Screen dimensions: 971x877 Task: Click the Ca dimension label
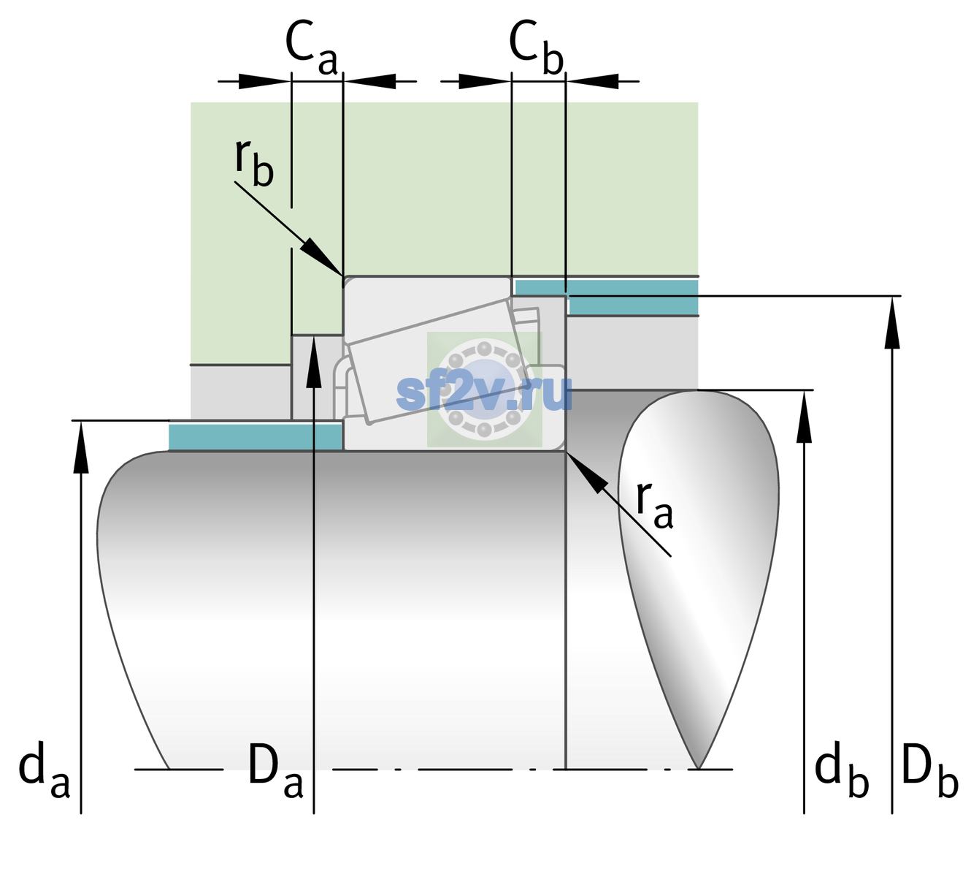pyautogui.click(x=312, y=48)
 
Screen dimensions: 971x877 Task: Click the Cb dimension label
pyautogui.click(x=537, y=48)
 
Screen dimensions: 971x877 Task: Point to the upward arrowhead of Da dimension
pyautogui.click(x=314, y=362)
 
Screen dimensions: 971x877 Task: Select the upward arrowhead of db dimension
pyautogui.click(x=804, y=417)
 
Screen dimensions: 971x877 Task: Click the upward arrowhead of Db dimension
pyautogui.click(x=892, y=322)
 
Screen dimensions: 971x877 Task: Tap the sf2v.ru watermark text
pyautogui.click(x=484, y=393)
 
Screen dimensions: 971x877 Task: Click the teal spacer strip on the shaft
pyautogui.click(x=255, y=437)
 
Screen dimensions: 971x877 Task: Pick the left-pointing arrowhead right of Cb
pyautogui.click(x=592, y=81)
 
